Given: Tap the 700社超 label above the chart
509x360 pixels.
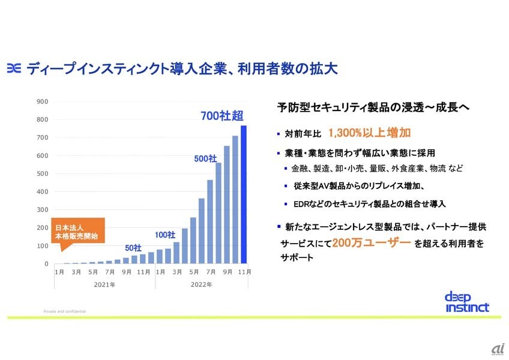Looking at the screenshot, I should click(222, 115).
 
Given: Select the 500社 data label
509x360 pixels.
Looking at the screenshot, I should click(205, 158).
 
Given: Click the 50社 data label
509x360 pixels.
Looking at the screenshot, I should click(133, 248).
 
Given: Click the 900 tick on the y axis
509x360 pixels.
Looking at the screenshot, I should click(43, 101).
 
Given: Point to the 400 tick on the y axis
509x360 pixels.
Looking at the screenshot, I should click(43, 191).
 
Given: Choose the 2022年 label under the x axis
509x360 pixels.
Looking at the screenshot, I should click(200, 284).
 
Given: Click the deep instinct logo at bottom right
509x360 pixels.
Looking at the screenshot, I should click(467, 302).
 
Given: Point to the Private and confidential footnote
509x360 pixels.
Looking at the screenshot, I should click(65, 311).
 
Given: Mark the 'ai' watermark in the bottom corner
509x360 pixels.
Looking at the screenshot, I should click(498, 349).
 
